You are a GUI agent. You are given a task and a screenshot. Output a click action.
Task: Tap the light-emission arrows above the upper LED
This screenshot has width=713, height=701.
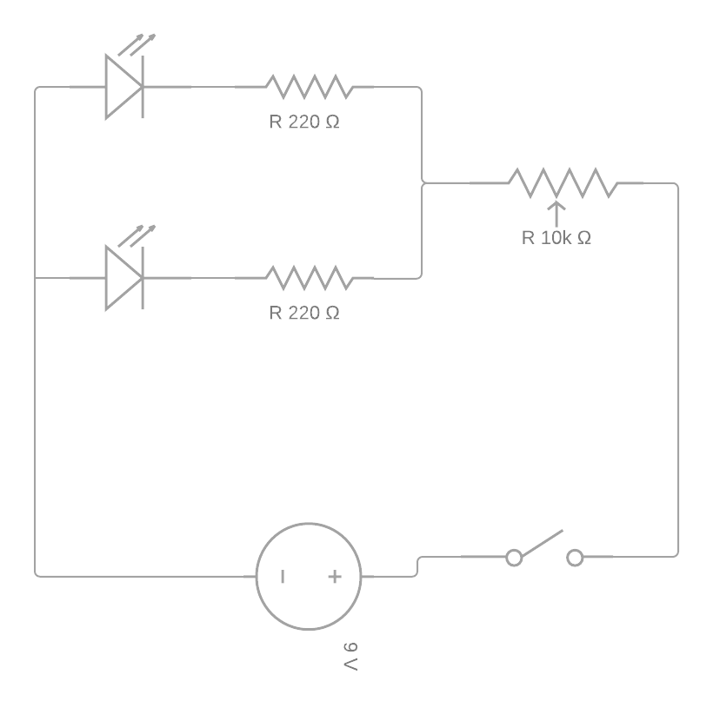pos(137,44)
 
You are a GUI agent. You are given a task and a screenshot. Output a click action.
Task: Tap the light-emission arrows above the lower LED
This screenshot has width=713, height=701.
pos(137,235)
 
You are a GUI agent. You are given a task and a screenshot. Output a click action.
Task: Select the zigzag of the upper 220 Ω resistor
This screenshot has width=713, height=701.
pos(310,87)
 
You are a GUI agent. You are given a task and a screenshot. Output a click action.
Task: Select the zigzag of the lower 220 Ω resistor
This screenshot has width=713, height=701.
pos(310,278)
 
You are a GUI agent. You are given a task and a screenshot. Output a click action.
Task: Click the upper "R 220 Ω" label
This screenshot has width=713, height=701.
pos(304,122)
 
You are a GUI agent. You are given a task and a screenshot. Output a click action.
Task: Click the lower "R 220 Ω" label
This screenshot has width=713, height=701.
pos(304,313)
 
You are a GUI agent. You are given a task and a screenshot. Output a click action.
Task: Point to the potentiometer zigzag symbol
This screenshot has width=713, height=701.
pos(563,183)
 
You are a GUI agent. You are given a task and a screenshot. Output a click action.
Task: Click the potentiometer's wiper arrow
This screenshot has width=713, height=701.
pos(556,214)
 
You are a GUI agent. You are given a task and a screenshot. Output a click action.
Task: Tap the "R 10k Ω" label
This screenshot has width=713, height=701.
pos(556,238)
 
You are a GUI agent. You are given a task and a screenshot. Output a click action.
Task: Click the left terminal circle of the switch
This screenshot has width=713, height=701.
pos(514,558)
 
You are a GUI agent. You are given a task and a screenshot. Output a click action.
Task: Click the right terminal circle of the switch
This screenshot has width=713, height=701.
pos(575,558)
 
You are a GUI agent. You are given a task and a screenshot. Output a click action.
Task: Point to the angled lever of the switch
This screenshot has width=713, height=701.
pos(543,543)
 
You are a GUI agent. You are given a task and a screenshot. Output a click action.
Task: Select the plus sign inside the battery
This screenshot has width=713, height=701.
pos(335,577)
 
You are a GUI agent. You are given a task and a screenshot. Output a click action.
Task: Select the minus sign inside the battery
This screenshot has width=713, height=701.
pos(283,577)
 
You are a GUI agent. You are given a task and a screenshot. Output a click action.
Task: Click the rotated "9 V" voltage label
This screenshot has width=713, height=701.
pos(350,657)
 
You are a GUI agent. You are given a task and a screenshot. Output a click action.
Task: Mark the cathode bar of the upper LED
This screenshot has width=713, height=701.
pos(143,87)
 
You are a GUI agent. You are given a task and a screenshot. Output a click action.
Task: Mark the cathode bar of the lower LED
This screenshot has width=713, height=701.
pos(143,278)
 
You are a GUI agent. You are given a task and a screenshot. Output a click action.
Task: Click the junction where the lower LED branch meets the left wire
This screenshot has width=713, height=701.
pos(35,278)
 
